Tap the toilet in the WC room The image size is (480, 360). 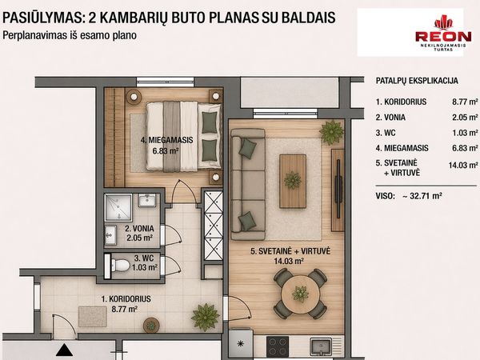(120, 265)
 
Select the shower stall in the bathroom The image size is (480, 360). (118, 207)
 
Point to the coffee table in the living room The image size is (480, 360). (293, 182)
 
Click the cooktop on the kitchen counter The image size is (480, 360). (278, 346)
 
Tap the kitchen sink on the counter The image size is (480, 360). (321, 346)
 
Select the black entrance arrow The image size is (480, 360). (64, 350)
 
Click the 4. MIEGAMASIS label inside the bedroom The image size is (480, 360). (167, 140)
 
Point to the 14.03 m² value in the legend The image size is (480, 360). (463, 166)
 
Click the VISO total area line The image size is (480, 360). (409, 196)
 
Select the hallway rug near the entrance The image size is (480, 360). (93, 317)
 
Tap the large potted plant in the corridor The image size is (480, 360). (205, 317)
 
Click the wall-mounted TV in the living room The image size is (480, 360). (338, 190)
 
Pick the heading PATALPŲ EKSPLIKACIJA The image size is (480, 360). (417, 81)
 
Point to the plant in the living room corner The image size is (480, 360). (331, 132)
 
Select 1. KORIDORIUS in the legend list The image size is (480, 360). (401, 102)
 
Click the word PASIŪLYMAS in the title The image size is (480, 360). (42, 18)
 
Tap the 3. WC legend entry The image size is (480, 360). (386, 133)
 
